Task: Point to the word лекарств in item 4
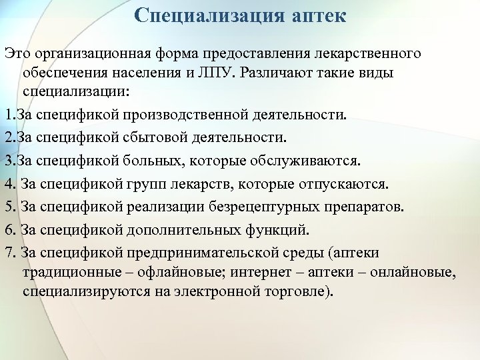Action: tap(215, 184)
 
